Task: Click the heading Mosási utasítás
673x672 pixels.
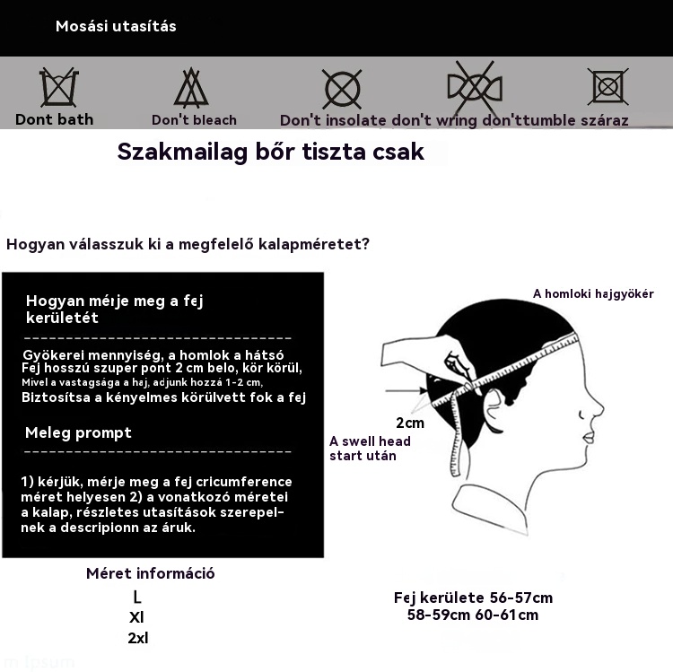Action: click(x=116, y=27)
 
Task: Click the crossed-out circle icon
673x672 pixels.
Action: click(x=342, y=89)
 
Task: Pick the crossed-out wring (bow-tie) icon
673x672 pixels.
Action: click(x=475, y=88)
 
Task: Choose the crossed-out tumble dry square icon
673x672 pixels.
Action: click(x=607, y=87)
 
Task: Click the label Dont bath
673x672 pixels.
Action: click(x=54, y=119)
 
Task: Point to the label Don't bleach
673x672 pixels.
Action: click(x=194, y=120)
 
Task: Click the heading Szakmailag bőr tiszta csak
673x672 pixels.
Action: click(x=270, y=152)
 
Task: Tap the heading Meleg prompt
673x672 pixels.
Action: click(x=78, y=432)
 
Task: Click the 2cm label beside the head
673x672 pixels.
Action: click(x=410, y=423)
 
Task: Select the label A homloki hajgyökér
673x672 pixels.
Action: click(x=593, y=293)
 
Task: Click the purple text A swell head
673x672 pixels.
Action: click(x=370, y=441)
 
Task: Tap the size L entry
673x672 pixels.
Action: click(x=136, y=597)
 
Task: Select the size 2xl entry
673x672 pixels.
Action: click(x=137, y=638)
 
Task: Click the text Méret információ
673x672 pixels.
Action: click(x=150, y=573)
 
